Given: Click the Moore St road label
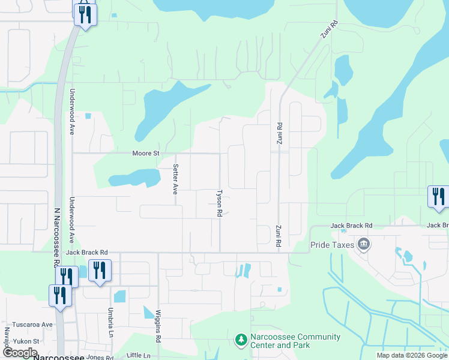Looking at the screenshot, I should tap(146, 154).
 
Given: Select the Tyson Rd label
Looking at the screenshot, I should tap(220, 204).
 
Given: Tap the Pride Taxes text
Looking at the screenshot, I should tap(332, 245).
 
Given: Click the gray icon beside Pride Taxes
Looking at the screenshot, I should tap(363, 244).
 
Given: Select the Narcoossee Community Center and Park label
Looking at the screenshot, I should tap(295, 341).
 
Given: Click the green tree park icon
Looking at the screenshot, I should tap(241, 340).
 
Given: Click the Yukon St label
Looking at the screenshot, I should tap(28, 341).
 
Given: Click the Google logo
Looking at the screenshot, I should tap(20, 353).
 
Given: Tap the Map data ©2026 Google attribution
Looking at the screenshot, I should tap(412, 355).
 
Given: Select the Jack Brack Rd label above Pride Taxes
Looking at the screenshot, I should tap(352, 226).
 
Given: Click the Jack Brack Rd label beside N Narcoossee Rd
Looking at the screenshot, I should tap(86, 253).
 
